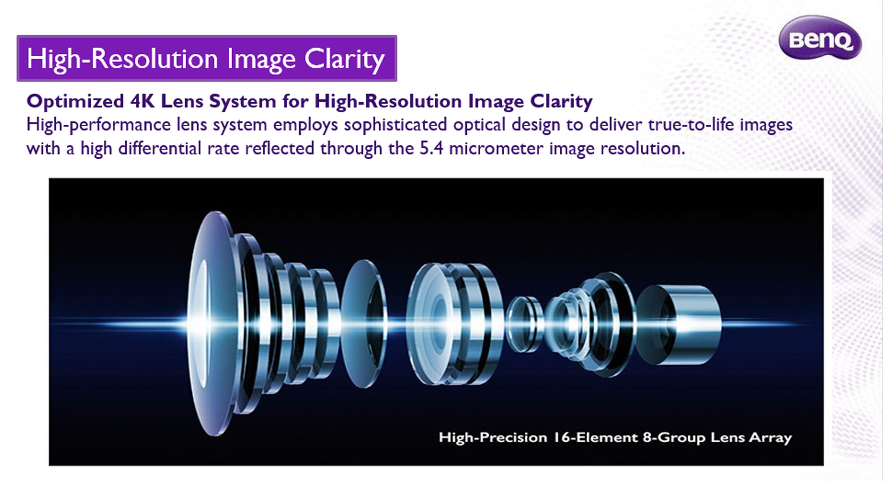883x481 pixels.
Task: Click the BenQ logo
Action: (x=820, y=38)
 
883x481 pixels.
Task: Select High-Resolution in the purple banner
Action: (x=122, y=59)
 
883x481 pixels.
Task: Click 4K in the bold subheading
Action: (x=142, y=101)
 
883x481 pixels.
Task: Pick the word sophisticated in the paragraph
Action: (x=395, y=125)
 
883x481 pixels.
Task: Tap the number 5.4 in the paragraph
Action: (x=431, y=148)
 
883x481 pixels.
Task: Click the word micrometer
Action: (x=496, y=148)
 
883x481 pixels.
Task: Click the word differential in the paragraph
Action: (x=159, y=148)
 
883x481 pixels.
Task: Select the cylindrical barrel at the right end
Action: (x=679, y=325)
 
